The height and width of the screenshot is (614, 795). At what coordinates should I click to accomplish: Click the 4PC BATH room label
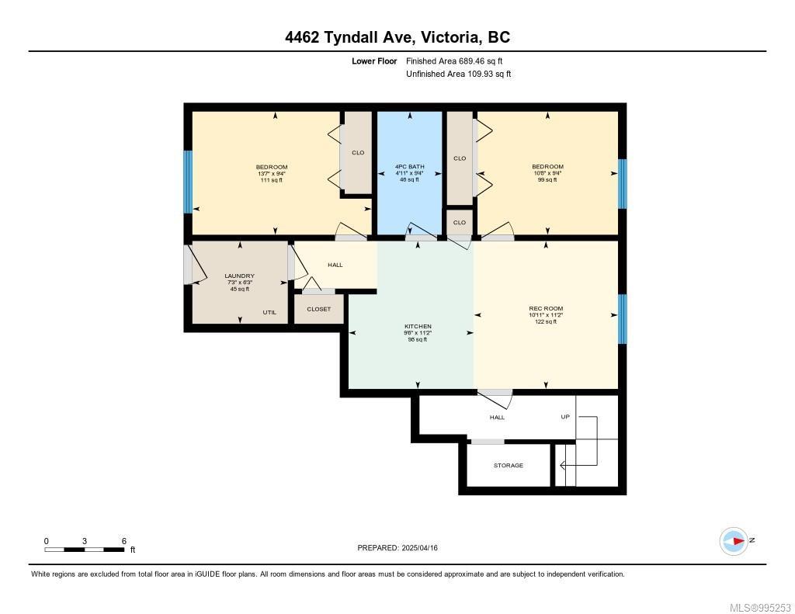point(409,167)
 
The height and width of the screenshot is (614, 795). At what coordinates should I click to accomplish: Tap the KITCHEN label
point(418,326)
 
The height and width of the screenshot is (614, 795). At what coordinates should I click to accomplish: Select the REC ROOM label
point(546,308)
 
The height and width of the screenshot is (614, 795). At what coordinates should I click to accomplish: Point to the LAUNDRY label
point(239,276)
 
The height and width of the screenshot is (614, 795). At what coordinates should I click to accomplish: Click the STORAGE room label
point(509,466)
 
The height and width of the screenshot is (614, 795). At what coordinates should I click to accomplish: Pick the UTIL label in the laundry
point(269,312)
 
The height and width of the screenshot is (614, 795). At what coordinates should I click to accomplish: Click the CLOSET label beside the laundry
point(318,309)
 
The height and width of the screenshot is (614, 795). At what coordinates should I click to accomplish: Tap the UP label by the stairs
point(565,417)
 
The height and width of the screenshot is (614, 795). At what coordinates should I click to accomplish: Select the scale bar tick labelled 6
point(123,541)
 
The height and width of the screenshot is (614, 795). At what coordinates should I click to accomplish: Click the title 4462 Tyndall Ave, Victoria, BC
point(397,37)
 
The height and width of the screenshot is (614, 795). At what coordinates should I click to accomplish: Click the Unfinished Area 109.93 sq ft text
point(459,74)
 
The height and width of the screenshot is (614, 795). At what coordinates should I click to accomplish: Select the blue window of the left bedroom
point(187,182)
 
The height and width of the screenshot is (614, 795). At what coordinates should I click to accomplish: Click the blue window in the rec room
point(622,319)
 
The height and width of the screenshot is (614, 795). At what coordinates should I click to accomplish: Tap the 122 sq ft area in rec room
point(546,321)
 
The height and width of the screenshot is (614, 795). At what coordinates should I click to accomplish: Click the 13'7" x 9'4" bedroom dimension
point(272,173)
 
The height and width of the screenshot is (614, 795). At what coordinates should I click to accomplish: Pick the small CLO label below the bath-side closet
point(459,222)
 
